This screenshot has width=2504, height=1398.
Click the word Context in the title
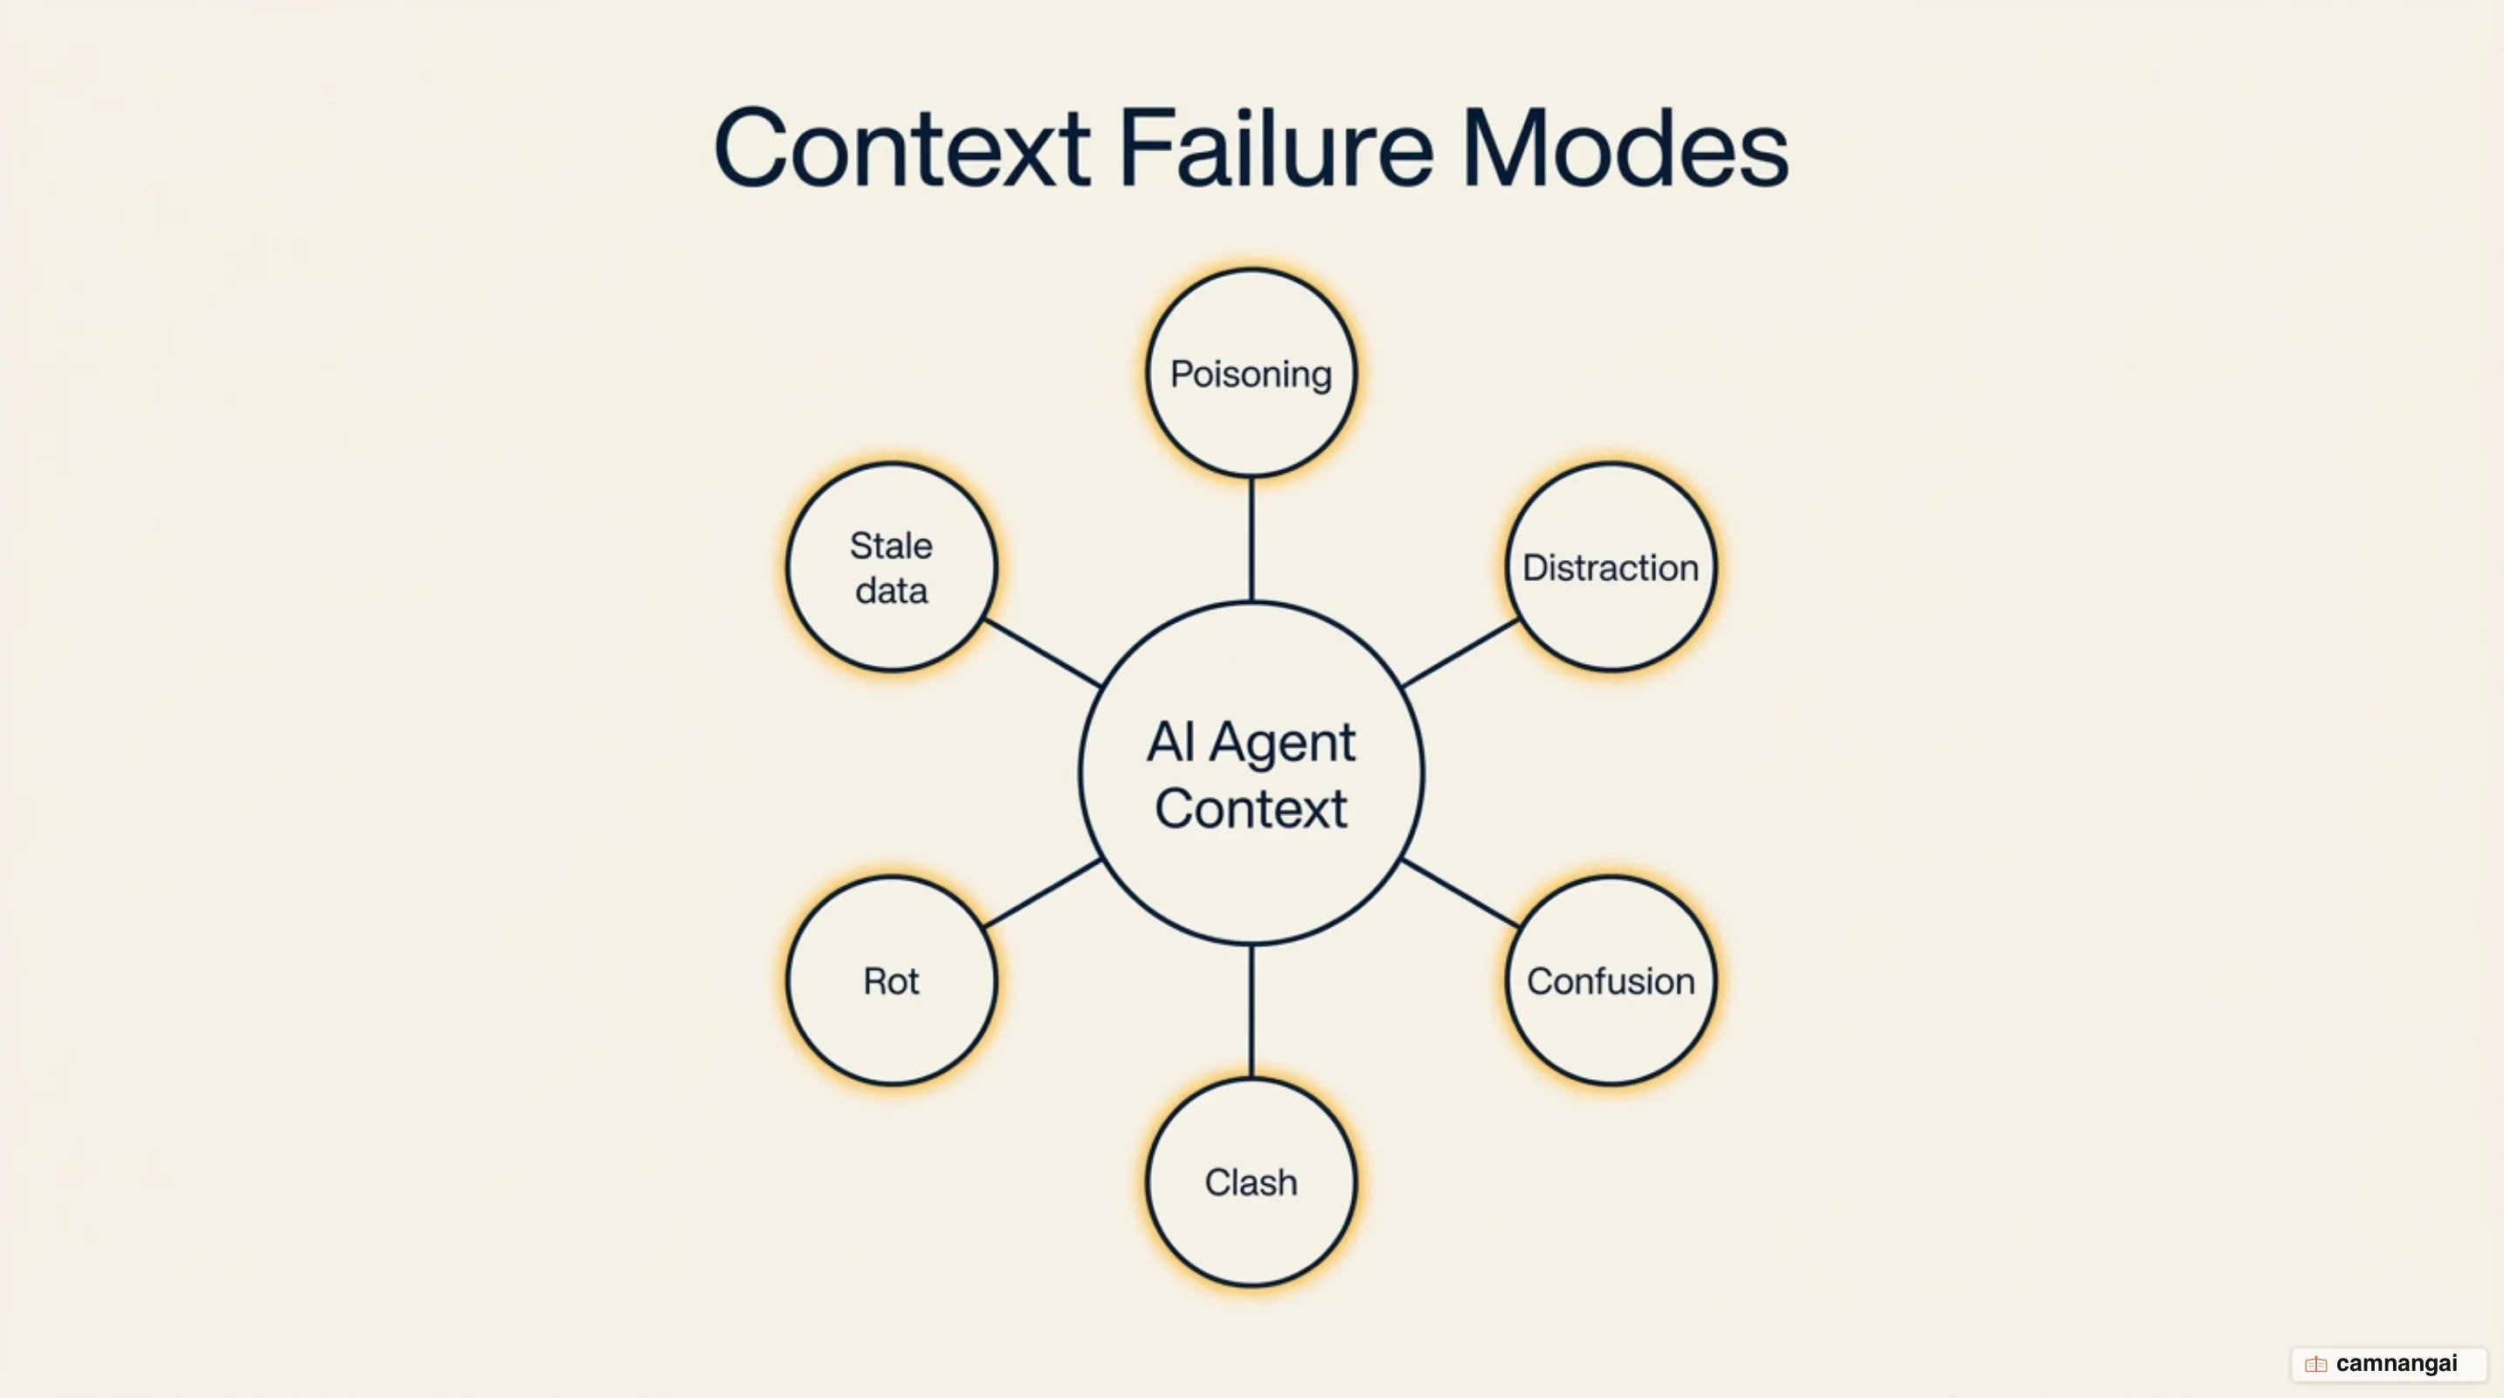click(x=901, y=149)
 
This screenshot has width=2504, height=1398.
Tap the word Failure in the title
click(x=1276, y=149)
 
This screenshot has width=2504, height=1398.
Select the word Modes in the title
click(x=1624, y=149)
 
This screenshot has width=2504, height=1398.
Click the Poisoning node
click(x=1251, y=373)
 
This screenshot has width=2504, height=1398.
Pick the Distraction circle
click(x=1611, y=567)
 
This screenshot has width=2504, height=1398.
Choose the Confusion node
click(x=1611, y=980)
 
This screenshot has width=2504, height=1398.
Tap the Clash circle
click(x=1251, y=1182)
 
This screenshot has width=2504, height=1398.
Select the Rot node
click(x=892, y=980)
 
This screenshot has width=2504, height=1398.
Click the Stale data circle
click(x=892, y=567)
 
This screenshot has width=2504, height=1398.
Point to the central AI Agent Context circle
click(x=1251, y=774)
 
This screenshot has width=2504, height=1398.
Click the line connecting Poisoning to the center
click(x=1251, y=540)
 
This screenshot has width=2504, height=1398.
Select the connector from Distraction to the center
click(x=1460, y=654)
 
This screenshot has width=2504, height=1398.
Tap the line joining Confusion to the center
click(x=1460, y=892)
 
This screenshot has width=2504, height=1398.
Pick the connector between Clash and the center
click(x=1251, y=1011)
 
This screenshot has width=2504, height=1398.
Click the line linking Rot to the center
click(x=1042, y=892)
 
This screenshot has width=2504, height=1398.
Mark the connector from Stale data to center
click(x=1042, y=654)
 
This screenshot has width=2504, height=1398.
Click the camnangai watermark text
click(x=2396, y=1363)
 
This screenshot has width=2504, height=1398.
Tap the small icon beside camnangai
click(x=2315, y=1364)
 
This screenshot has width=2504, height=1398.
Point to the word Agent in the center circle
click(x=1281, y=744)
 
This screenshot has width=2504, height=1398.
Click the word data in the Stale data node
click(x=892, y=590)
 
